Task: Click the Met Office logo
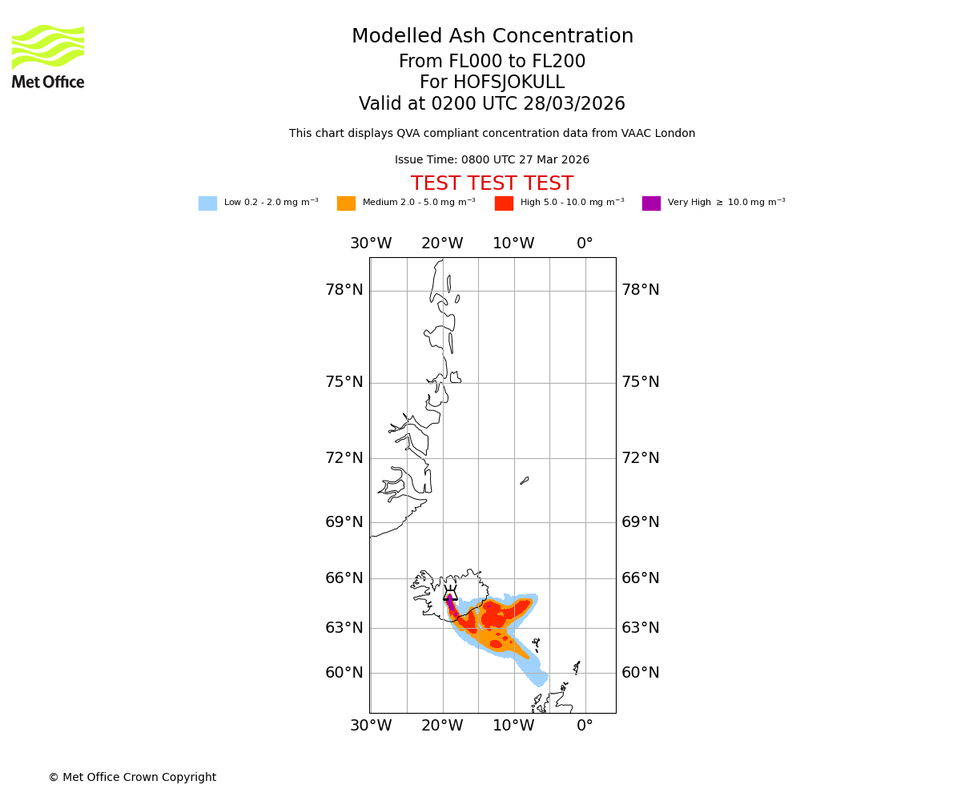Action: pos(48,56)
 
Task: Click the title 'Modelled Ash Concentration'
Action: pos(492,37)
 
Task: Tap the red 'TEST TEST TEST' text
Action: pos(492,183)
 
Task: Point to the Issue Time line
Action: pos(492,160)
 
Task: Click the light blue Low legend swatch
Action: pos(207,203)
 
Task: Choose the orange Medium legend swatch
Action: pos(346,203)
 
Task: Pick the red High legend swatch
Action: pos(504,203)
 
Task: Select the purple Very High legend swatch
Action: pos(651,203)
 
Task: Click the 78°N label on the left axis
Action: pos(344,290)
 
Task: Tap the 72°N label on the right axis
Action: pos(641,458)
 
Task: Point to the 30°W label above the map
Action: pos(371,244)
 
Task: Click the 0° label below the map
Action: pos(585,726)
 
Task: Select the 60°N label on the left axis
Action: pos(344,673)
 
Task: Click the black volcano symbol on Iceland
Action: pos(450,594)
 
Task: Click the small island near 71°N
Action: pos(525,481)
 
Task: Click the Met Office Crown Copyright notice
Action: pos(132,777)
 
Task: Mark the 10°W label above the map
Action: pos(513,244)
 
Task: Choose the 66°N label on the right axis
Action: pos(641,578)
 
